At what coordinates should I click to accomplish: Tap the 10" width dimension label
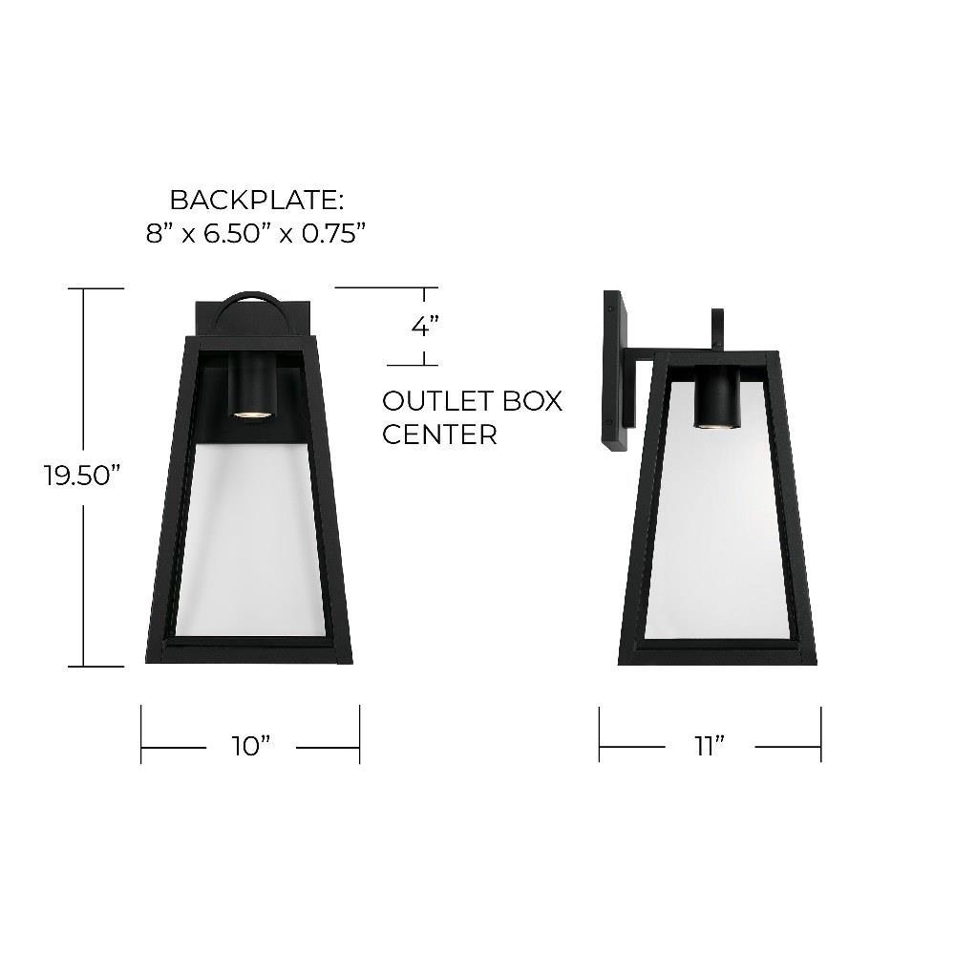click(250, 746)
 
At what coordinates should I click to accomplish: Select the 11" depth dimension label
click(710, 745)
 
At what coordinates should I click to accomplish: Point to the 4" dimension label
click(425, 326)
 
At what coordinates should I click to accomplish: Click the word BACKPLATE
click(256, 200)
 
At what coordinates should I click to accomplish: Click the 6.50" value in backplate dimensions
click(238, 233)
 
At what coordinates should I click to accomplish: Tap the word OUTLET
click(430, 401)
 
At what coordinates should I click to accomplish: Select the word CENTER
click(439, 435)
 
